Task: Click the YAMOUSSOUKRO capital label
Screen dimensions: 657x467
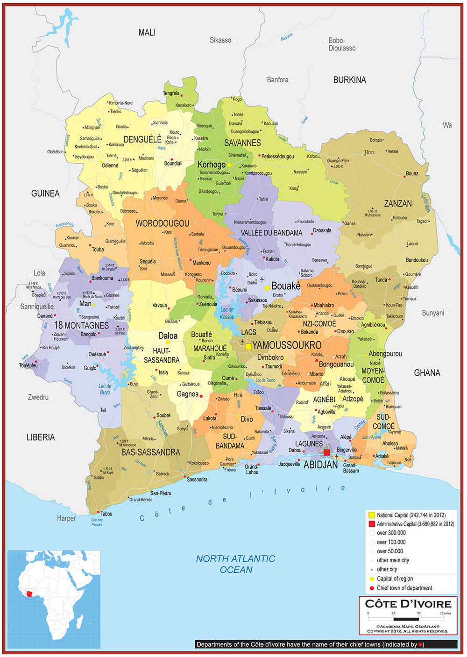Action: [287, 345]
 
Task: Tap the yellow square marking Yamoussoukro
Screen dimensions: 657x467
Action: [249, 347]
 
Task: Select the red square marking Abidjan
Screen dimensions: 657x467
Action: [327, 452]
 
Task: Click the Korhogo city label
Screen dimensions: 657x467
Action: [212, 164]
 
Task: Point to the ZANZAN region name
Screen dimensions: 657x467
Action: [398, 203]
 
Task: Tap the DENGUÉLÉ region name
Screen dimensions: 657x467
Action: [142, 139]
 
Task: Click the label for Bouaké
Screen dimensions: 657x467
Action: [286, 286]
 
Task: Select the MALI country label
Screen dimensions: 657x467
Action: [147, 32]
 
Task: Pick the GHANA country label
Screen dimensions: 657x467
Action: [427, 372]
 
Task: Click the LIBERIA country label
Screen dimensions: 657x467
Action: [41, 437]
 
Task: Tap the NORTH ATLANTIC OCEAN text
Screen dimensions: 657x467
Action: [235, 564]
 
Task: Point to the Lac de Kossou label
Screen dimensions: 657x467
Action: [227, 314]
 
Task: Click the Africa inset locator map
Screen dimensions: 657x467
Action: [54, 598]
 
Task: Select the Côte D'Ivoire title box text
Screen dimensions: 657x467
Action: [408, 604]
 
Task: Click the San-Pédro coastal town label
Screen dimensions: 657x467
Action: [161, 493]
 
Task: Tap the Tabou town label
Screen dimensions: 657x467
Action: [106, 514]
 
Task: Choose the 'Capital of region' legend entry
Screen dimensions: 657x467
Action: [395, 578]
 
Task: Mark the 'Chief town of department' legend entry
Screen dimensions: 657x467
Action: [404, 588]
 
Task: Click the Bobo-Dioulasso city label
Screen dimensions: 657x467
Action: [342, 44]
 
